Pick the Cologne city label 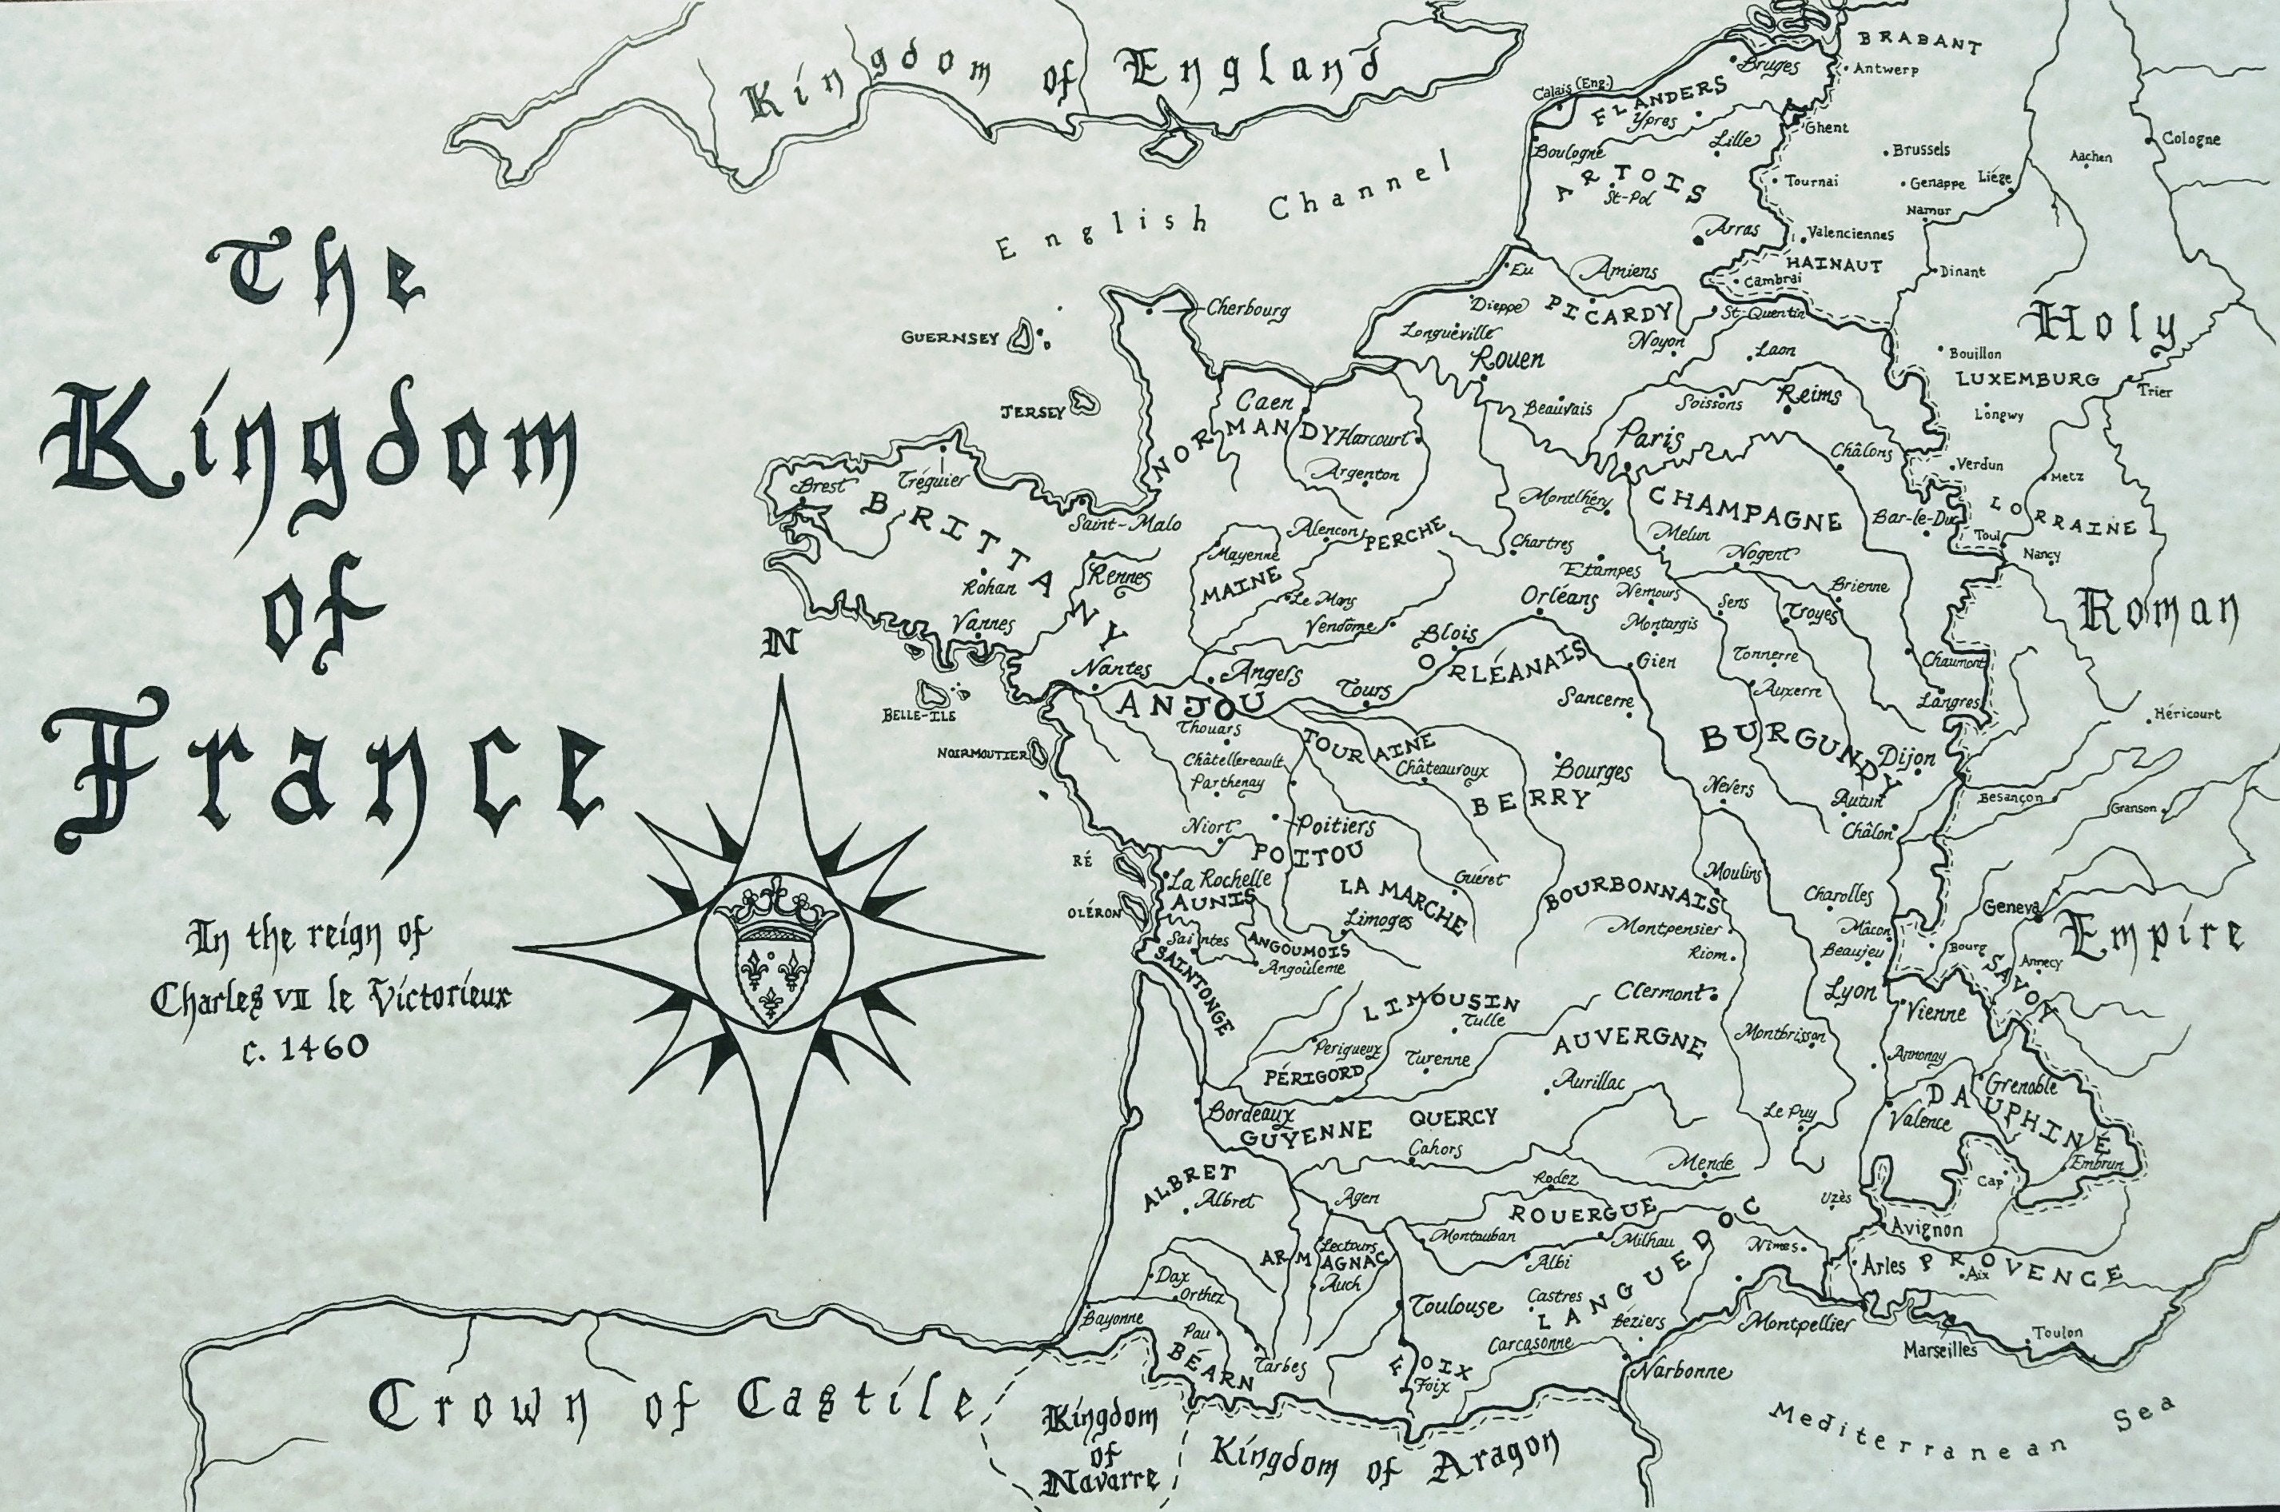[x=2190, y=138]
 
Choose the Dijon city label [x=1906, y=758]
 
